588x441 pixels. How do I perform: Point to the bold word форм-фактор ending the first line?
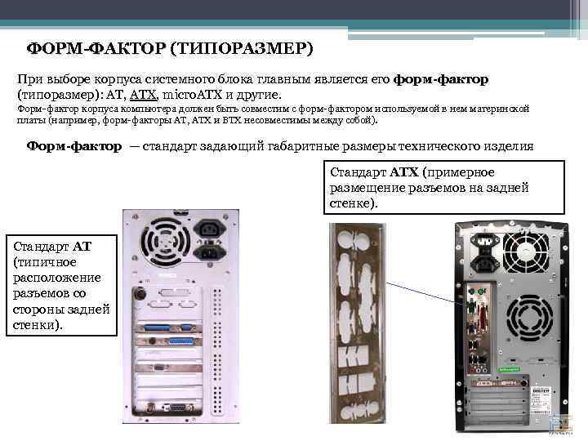441,79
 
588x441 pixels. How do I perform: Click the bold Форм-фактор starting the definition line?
74,146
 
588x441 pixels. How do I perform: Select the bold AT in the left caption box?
82,246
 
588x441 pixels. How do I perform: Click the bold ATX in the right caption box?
404,172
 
